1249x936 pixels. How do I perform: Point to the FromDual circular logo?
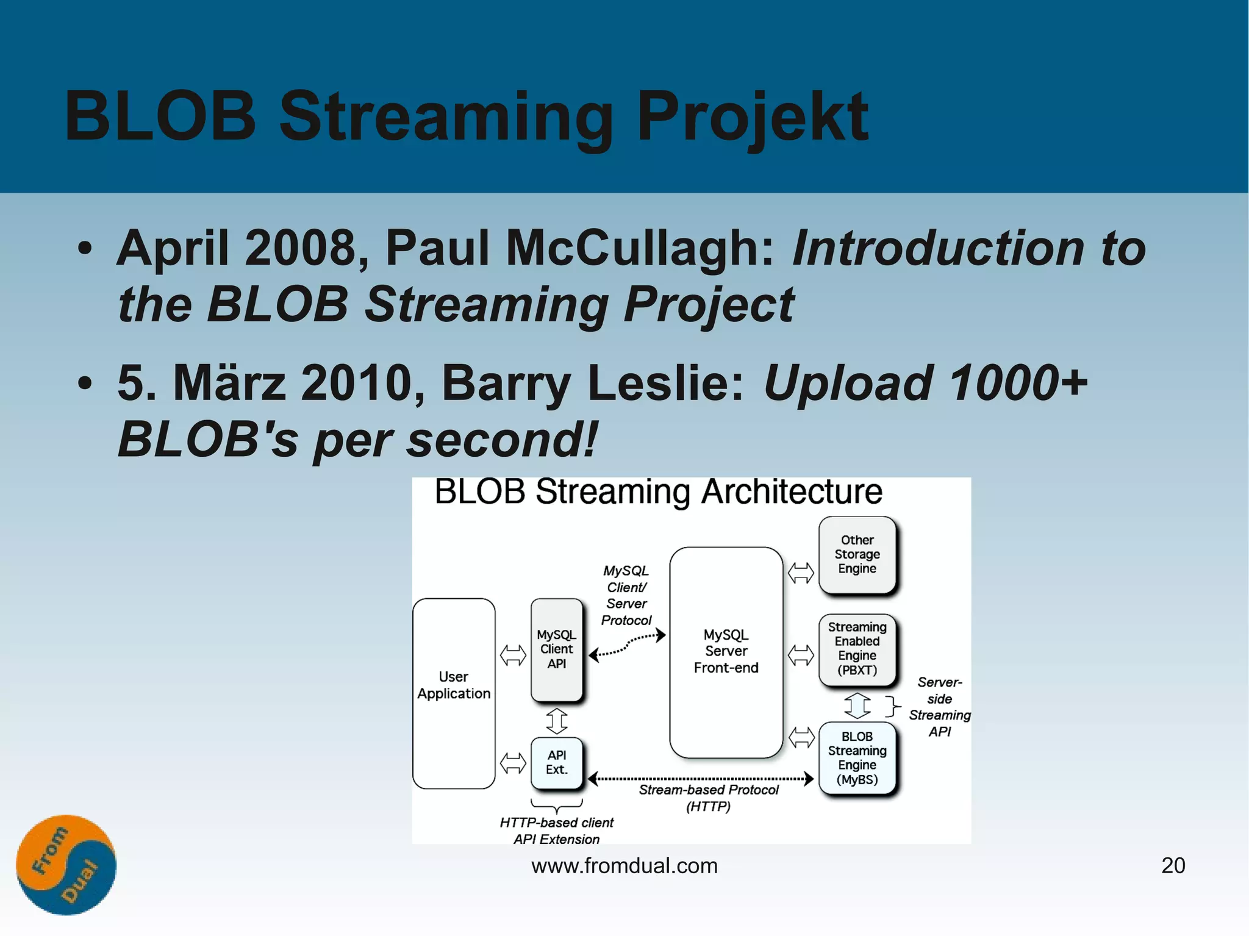click(x=66, y=864)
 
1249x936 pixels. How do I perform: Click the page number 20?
click(x=1172, y=865)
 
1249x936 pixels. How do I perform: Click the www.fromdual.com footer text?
click(x=624, y=865)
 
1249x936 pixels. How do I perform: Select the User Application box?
click(x=453, y=693)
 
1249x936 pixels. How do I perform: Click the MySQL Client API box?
click(x=556, y=649)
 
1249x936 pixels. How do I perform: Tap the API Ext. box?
click(x=556, y=763)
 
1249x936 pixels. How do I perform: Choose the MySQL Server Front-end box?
click(x=726, y=652)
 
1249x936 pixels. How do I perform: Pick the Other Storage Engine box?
click(x=857, y=554)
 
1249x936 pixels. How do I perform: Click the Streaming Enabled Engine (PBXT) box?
click(x=857, y=649)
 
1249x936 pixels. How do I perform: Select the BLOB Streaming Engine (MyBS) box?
click(x=857, y=758)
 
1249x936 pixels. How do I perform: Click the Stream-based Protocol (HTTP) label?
click(x=708, y=798)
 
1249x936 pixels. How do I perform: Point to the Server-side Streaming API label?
click(x=939, y=707)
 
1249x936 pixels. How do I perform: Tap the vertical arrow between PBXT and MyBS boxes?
click(x=857, y=705)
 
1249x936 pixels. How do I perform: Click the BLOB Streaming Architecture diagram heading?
click(x=658, y=491)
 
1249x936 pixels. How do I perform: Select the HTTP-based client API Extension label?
click(x=556, y=830)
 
